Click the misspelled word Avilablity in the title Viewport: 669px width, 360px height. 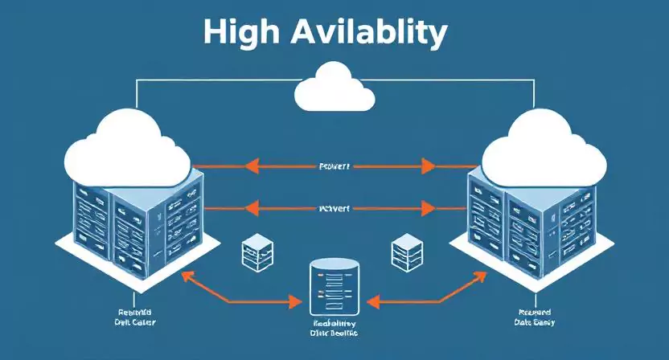click(x=369, y=32)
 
